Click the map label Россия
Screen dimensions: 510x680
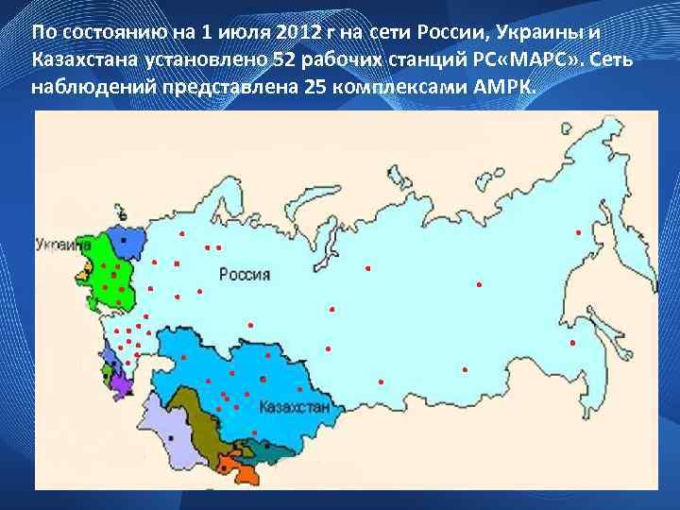245,275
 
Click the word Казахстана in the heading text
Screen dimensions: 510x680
84,60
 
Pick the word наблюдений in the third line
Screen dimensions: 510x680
87,88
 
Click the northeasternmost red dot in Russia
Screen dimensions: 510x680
577,232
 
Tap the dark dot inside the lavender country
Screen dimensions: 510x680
171,439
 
